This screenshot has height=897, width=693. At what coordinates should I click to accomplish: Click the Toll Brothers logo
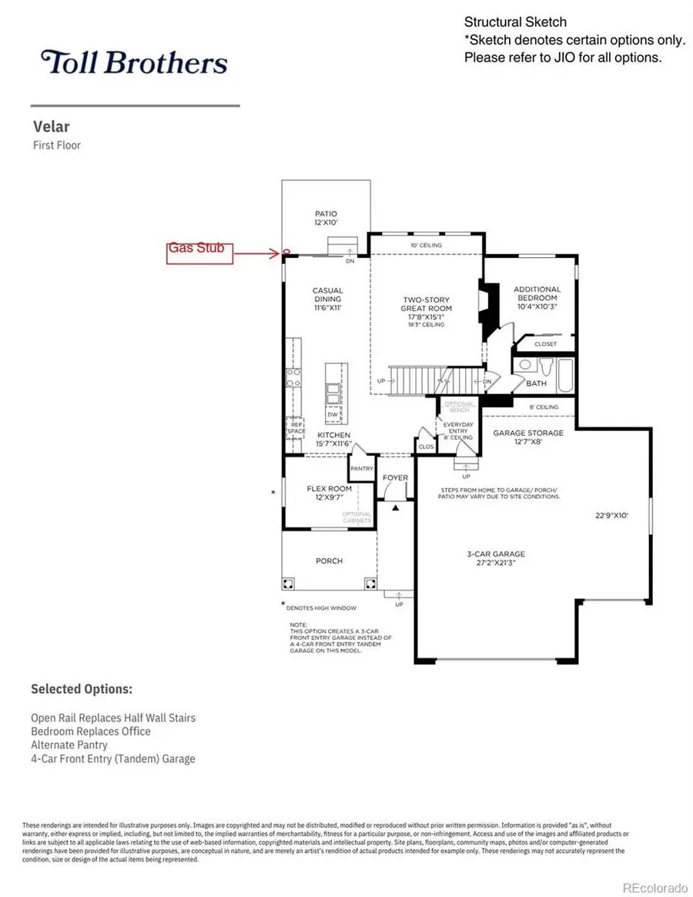(135, 62)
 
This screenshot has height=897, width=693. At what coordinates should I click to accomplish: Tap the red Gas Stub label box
(199, 253)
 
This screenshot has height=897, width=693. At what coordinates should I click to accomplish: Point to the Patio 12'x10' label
(326, 218)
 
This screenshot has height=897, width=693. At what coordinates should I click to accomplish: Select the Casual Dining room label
(327, 299)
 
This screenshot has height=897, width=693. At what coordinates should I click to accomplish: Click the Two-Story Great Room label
(427, 308)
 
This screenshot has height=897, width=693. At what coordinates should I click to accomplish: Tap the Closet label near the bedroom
(545, 344)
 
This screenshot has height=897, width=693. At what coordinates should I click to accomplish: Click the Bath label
(536, 383)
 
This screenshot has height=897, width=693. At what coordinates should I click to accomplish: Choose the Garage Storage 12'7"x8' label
(528, 437)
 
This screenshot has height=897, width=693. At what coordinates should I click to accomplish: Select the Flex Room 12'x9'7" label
(329, 493)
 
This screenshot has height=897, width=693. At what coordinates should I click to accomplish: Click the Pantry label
(361, 468)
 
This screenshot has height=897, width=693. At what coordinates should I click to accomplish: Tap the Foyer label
(396, 478)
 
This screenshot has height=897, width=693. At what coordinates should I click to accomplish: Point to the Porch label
(329, 561)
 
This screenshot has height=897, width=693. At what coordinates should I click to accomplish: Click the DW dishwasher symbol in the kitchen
(333, 414)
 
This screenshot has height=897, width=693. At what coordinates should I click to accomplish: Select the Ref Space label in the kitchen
(296, 427)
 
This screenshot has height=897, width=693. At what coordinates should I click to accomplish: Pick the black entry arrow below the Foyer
(396, 508)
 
